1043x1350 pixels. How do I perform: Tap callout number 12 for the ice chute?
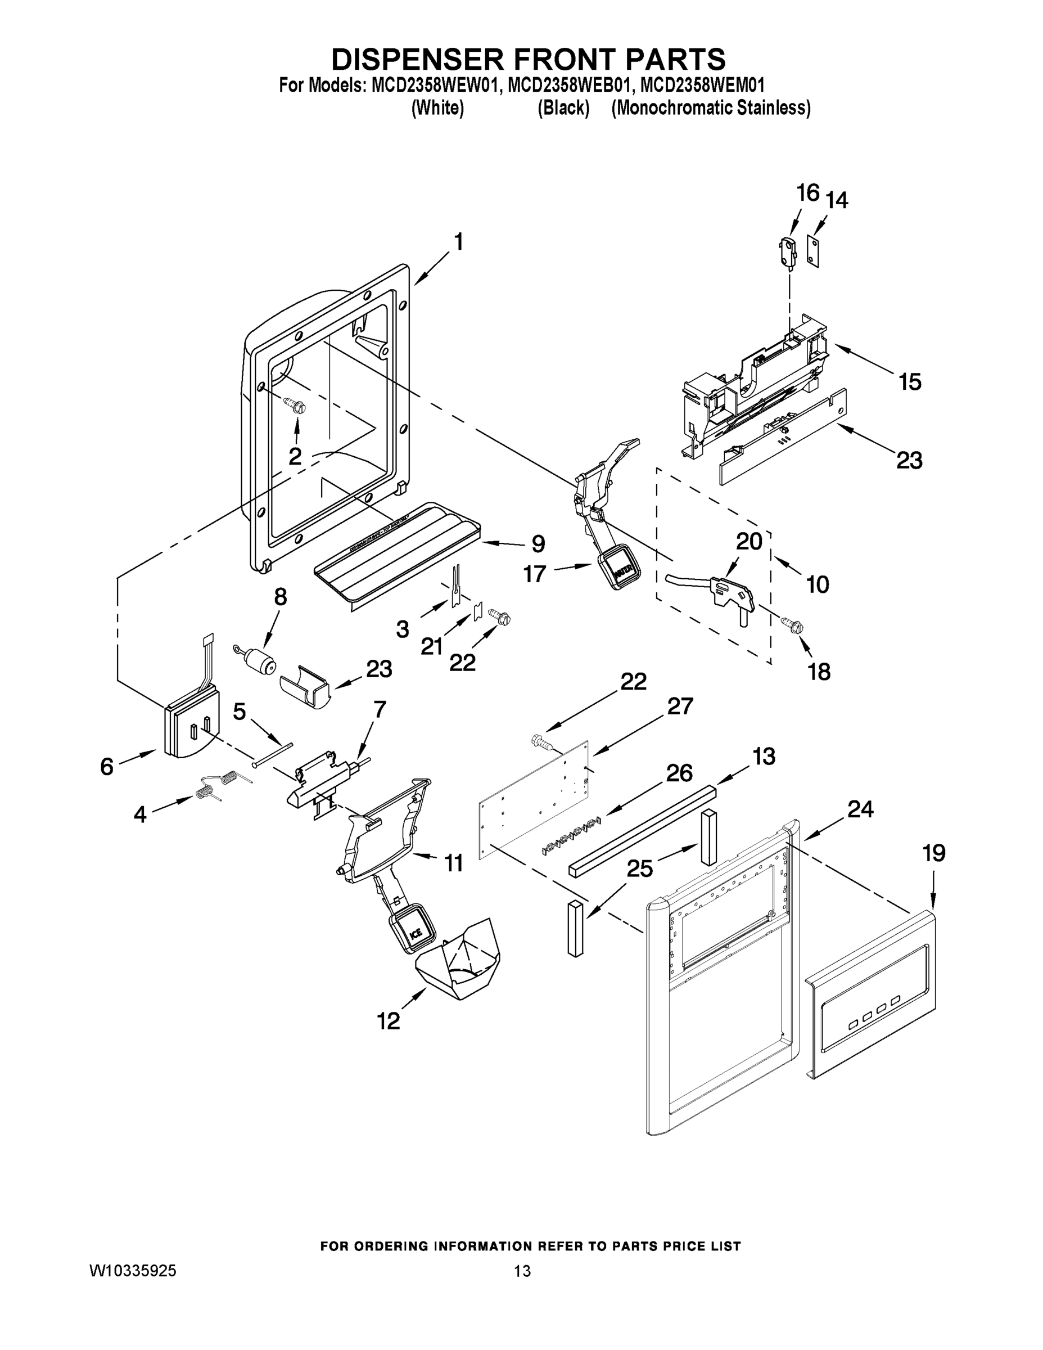coord(389,1020)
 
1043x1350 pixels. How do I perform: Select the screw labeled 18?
coord(793,625)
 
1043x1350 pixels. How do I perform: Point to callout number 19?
coord(933,854)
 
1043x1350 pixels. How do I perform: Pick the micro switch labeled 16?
coord(787,252)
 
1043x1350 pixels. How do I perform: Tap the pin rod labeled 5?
coord(272,755)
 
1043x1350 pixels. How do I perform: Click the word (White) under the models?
coord(437,107)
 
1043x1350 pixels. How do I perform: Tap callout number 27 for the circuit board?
coord(680,706)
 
